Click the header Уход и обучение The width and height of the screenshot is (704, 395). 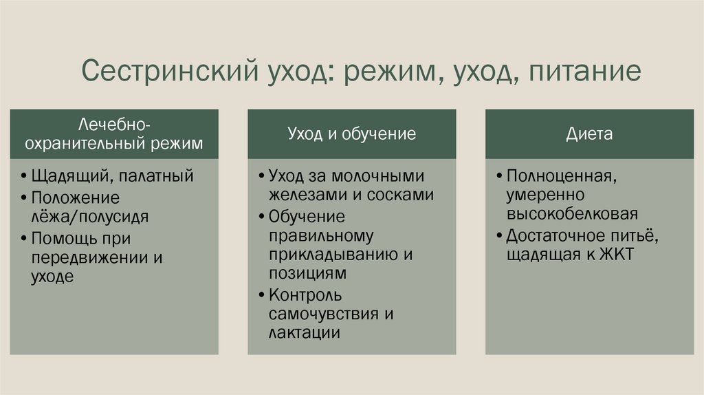click(351, 134)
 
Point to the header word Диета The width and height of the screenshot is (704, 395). click(589, 134)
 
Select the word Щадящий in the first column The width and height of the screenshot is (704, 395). click(67, 176)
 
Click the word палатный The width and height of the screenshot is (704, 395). click(155, 176)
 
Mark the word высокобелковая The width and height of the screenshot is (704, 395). click(573, 213)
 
